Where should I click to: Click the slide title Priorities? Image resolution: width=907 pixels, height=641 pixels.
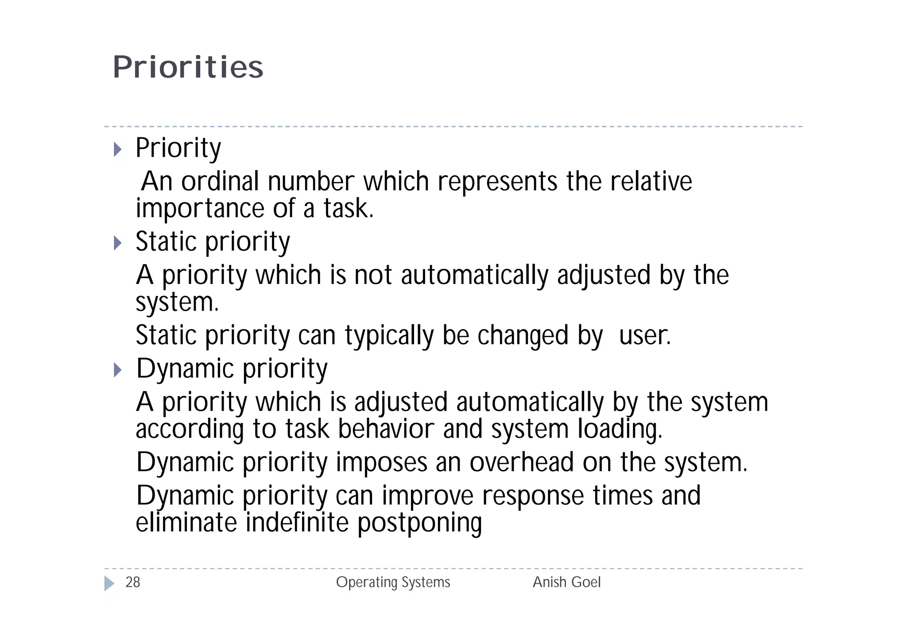(x=188, y=67)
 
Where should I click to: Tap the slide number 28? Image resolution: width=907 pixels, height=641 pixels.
(x=132, y=582)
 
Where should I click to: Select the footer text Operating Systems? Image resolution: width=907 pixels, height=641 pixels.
(x=393, y=582)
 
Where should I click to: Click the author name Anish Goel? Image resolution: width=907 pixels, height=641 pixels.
(x=566, y=582)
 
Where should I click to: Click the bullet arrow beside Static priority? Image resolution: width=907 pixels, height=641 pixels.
(x=117, y=243)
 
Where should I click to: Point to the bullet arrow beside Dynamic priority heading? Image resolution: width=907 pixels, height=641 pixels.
(x=117, y=369)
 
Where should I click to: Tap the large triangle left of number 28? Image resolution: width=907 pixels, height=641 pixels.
(x=109, y=583)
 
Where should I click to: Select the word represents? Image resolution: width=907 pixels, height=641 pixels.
(x=497, y=182)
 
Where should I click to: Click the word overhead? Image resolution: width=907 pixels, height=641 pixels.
(x=521, y=462)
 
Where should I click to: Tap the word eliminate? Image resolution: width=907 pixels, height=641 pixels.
(x=186, y=523)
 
